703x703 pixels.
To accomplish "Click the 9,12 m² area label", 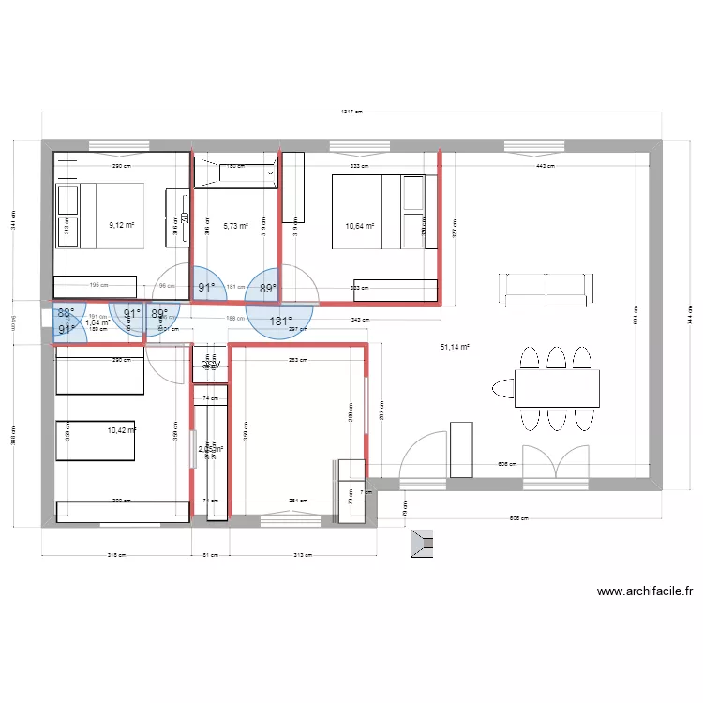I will tap(122, 225).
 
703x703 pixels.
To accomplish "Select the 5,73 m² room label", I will tap(235, 226).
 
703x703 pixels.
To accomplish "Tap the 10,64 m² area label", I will tap(359, 226).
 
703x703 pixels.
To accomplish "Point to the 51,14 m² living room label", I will tap(455, 348).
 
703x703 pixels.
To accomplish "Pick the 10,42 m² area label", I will tap(121, 430).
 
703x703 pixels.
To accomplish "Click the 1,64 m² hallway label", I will tap(97, 323).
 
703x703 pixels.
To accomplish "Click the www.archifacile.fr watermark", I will tap(644, 591).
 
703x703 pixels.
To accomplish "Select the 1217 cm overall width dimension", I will tap(351, 112).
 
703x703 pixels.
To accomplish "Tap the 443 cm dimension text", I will tap(546, 167).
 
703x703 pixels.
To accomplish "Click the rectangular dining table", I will tap(557, 387).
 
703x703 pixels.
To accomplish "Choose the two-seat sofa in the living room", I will tap(546, 289).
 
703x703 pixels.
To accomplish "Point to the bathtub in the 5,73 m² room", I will tap(235, 173).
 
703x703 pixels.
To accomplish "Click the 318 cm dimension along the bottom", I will tap(117, 554).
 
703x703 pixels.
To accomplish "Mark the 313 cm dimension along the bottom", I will tap(303, 554).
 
